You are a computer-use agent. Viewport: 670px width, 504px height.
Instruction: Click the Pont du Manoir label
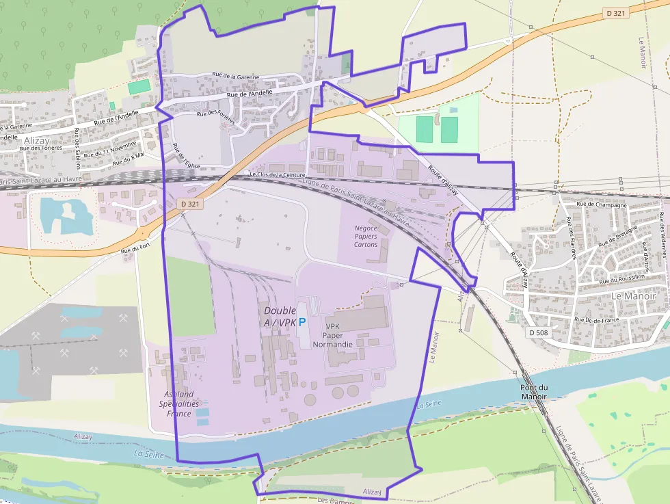(x=533, y=392)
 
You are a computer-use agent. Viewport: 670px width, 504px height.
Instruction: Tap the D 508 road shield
(x=539, y=332)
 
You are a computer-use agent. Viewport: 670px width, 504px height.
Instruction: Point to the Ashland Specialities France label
(x=179, y=403)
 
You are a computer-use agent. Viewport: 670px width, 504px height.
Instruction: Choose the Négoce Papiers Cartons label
(x=366, y=236)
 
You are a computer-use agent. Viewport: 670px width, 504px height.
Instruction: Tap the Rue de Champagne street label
(x=602, y=204)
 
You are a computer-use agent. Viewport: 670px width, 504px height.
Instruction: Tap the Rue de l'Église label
(x=181, y=157)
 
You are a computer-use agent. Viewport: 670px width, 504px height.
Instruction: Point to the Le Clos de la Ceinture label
(x=276, y=174)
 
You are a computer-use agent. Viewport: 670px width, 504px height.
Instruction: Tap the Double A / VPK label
(x=280, y=316)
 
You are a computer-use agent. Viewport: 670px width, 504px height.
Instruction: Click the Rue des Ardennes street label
(x=662, y=226)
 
